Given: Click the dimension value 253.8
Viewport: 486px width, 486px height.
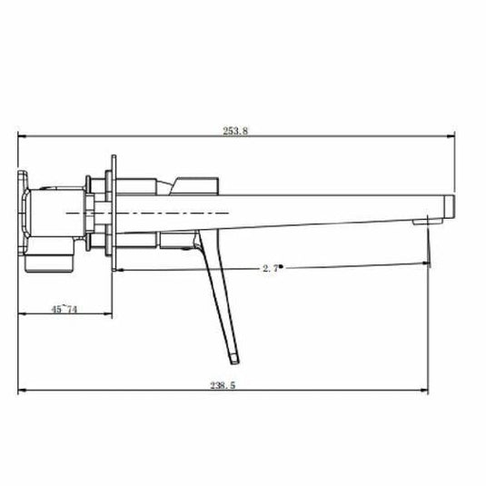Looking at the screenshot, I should tap(234, 131).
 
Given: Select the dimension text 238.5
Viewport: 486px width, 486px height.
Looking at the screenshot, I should tap(223, 385).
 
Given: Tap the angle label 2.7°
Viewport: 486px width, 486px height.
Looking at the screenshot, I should tap(269, 267).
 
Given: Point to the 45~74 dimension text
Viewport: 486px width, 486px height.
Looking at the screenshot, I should tap(64, 310).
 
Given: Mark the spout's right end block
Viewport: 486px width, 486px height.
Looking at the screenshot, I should tap(445, 207).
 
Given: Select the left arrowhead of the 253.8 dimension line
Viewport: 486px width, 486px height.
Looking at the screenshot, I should tap(22, 137).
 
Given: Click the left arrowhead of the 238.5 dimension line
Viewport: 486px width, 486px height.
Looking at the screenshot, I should tap(22, 392).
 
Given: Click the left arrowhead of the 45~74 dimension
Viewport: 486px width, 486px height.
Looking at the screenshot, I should tap(22, 316).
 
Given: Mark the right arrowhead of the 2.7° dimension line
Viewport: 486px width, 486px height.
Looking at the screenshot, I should tap(427, 265).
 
